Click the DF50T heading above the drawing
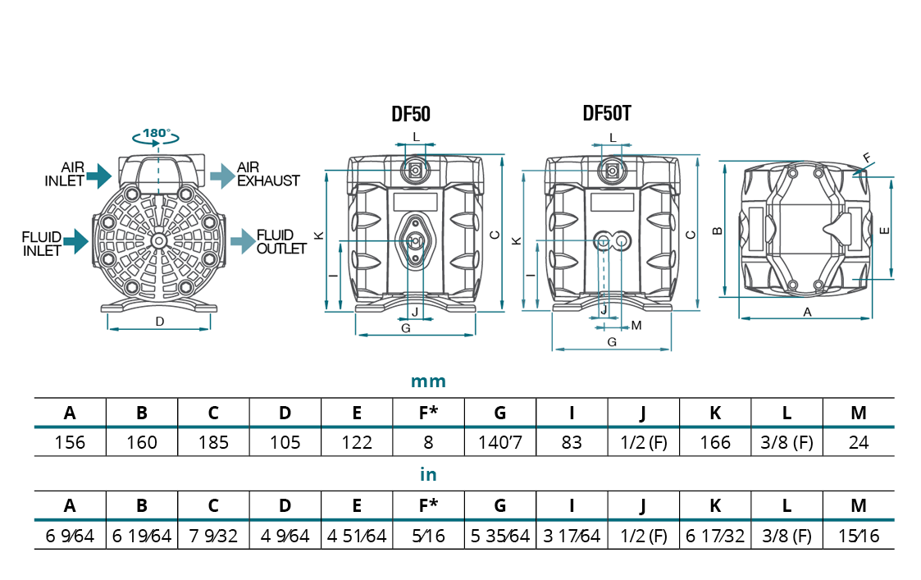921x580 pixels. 607,113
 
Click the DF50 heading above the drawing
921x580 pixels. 410,114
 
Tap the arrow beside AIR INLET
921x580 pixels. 98,173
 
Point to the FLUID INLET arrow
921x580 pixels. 75,240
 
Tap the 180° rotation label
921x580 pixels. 156,133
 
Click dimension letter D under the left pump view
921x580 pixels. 160,322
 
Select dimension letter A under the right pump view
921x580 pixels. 807,312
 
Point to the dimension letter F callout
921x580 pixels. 867,156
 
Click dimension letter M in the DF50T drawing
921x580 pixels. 636,326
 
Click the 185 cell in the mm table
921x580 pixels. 213,442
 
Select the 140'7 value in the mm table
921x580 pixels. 499,442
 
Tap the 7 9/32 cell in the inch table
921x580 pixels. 213,537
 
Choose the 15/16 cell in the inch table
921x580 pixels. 858,537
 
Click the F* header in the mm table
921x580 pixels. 428,413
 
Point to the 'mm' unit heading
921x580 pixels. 428,381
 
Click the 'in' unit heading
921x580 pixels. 428,474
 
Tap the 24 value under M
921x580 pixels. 858,442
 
